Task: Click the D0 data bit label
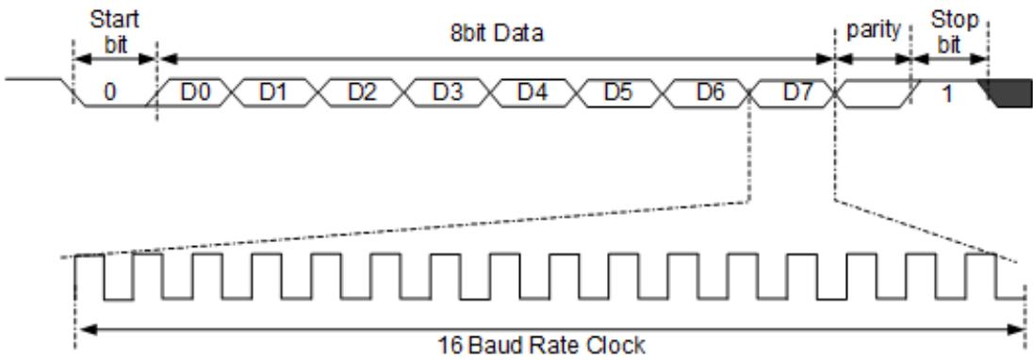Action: (196, 92)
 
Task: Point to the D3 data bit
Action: (448, 92)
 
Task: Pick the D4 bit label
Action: (533, 92)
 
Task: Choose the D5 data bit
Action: (618, 92)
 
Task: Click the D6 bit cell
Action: (711, 92)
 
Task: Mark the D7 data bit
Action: (797, 92)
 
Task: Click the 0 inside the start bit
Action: (110, 92)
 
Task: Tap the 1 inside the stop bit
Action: (946, 93)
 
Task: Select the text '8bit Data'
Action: (498, 33)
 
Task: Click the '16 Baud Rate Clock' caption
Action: (542, 345)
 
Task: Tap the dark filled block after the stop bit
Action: (1006, 93)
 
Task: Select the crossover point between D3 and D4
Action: (490, 92)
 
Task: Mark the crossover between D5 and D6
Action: (662, 92)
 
